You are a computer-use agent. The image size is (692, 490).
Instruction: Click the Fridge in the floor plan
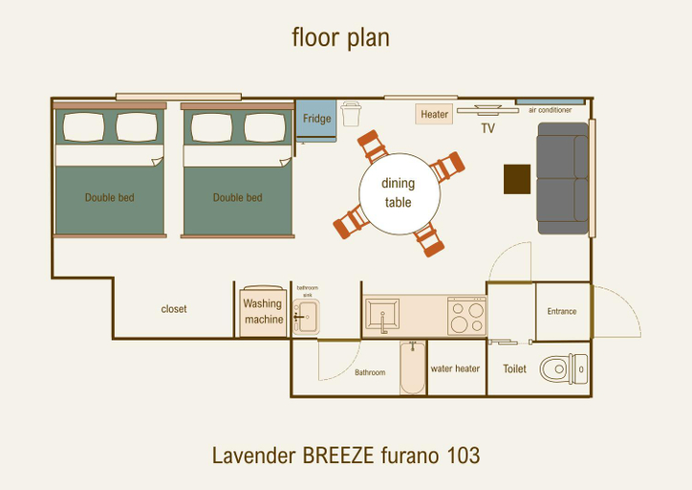pyautogui.click(x=316, y=121)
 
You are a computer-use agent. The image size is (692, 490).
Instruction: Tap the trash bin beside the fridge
pyautogui.click(x=351, y=114)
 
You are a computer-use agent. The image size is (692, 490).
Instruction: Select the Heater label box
pyautogui.click(x=434, y=115)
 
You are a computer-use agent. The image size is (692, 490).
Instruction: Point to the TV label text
pyautogui.click(x=487, y=128)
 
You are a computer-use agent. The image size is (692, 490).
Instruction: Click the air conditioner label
pyautogui.click(x=550, y=110)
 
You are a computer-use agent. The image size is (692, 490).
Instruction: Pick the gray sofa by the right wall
pyautogui.click(x=563, y=179)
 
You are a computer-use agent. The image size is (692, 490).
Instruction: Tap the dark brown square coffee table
pyautogui.click(x=517, y=179)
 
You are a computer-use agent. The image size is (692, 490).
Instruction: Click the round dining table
pyautogui.click(x=400, y=193)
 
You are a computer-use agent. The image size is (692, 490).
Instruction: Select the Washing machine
pyautogui.click(x=263, y=311)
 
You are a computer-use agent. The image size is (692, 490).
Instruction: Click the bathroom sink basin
pyautogui.click(x=306, y=317)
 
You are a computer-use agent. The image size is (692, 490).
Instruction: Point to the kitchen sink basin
pyautogui.click(x=382, y=314)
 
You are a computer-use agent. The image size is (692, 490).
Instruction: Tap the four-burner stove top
pyautogui.click(x=467, y=316)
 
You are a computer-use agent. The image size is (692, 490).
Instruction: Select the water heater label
pyautogui.click(x=455, y=368)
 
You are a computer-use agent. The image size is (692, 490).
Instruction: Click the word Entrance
pyautogui.click(x=562, y=311)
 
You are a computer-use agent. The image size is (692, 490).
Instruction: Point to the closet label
pyautogui.click(x=174, y=309)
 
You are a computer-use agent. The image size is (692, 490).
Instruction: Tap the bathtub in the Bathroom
pyautogui.click(x=413, y=367)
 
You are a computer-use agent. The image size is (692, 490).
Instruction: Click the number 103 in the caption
pyautogui.click(x=463, y=456)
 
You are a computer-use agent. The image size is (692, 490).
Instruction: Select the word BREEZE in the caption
pyautogui.click(x=338, y=456)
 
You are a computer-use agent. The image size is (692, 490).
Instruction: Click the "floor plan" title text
pyautogui.click(x=340, y=37)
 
